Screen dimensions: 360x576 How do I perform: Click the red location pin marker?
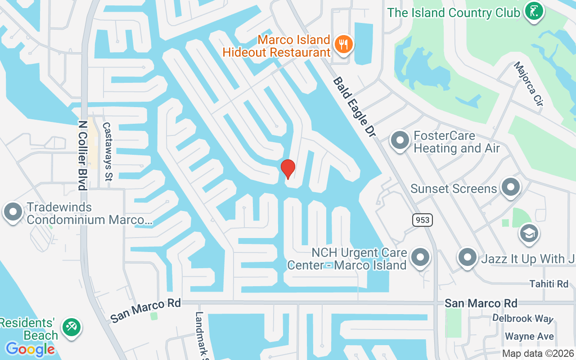pos(288,169)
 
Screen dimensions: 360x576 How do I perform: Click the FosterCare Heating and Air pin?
pos(399,140)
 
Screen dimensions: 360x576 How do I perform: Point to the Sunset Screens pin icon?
pos(510,187)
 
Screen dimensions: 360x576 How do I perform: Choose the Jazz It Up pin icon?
pos(467,258)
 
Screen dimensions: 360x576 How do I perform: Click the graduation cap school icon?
pos(529,233)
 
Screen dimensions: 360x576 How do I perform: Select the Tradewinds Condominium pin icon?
pos(13,212)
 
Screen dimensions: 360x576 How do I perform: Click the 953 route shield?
pos(422,220)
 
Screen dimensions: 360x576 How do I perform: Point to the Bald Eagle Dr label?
pos(354,107)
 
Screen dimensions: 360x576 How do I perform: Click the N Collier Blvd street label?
pos(82,155)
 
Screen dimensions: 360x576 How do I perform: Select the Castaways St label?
pos(107,151)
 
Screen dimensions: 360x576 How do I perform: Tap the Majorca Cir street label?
pos(529,84)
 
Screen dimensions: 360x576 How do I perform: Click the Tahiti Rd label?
pos(549,283)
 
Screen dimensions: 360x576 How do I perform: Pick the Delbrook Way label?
pos(522,319)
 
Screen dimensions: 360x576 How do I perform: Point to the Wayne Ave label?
pos(529,336)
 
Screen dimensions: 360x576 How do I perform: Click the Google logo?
pos(30,349)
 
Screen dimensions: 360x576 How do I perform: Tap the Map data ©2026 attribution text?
pos(538,353)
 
